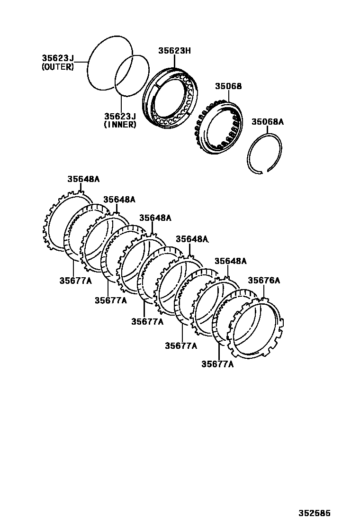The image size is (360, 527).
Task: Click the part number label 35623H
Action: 174,50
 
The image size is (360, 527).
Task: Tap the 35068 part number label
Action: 228,86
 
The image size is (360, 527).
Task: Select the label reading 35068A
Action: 267,122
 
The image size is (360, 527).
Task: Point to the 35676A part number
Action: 264,281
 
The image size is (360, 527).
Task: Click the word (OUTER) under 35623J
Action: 58,67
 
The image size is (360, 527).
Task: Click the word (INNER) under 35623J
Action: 120,125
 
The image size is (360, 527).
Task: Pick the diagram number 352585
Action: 314,513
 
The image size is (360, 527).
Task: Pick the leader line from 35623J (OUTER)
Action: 81,62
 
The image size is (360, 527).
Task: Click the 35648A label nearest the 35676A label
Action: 230,261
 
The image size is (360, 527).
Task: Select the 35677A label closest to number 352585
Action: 217,364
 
